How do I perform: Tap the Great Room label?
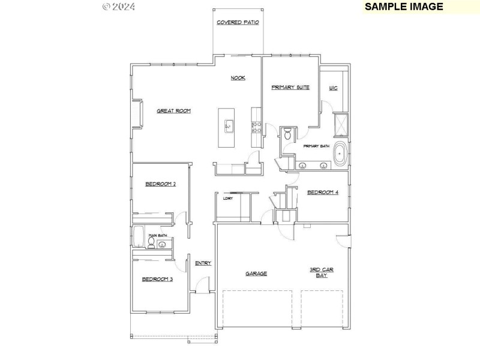pyautogui.click(x=174, y=110)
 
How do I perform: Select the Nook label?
pyautogui.click(x=238, y=78)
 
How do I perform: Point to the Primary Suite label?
pyautogui.click(x=290, y=88)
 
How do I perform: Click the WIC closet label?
pyautogui.click(x=334, y=88)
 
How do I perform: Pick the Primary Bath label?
pyautogui.click(x=316, y=146)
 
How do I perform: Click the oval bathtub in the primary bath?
pyautogui.click(x=340, y=155)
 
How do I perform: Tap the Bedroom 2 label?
pyautogui.click(x=160, y=184)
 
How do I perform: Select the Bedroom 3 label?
pyautogui.click(x=157, y=279)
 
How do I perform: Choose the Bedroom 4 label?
pyautogui.click(x=323, y=193)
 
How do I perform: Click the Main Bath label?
pyautogui.click(x=158, y=236)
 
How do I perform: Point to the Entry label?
pyautogui.click(x=203, y=263)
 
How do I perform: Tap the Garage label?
pyautogui.click(x=256, y=274)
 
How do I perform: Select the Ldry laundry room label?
pyautogui.click(x=228, y=198)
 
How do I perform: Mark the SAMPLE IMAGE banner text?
pyautogui.click(x=404, y=7)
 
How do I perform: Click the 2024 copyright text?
pyautogui.click(x=119, y=7)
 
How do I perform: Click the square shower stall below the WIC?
pyautogui.click(x=340, y=125)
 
